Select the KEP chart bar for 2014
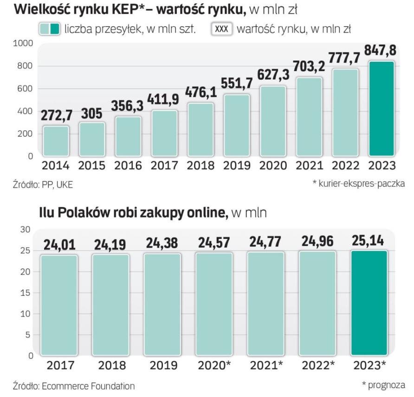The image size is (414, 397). click(x=56, y=140)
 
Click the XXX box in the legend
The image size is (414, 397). click(x=222, y=29)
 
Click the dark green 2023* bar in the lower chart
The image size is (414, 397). click(x=369, y=303)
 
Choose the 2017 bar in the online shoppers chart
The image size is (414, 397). click(x=58, y=305)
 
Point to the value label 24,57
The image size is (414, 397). click(x=214, y=244)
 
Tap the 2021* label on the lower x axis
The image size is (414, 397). click(x=265, y=365)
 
